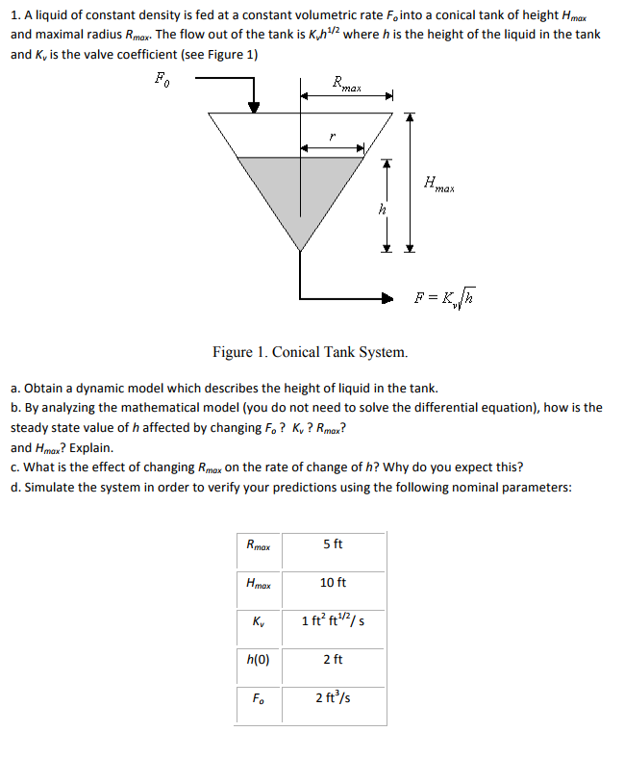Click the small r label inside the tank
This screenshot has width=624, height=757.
[331, 137]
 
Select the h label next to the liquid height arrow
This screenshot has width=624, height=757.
[383, 207]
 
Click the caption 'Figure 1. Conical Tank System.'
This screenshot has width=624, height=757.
[310, 352]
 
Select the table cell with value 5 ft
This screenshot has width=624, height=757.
[333, 544]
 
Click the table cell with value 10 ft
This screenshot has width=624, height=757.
[333, 583]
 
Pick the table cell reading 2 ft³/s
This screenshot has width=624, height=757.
[333, 696]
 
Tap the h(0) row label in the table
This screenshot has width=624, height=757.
[259, 659]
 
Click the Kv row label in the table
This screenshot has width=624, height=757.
[259, 621]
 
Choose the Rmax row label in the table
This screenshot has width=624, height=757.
[259, 545]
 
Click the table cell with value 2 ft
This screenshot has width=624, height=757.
[333, 659]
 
